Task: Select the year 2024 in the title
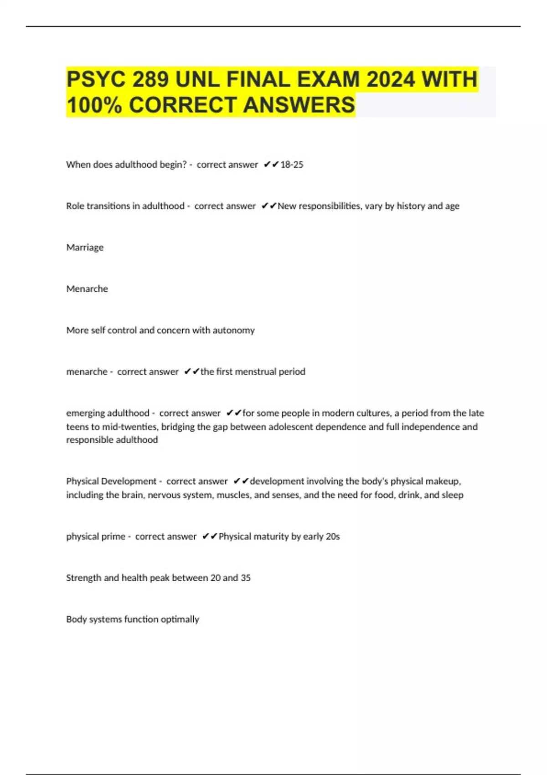point(391,79)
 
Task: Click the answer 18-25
point(292,165)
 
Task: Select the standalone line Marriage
point(85,248)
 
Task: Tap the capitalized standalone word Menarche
point(87,289)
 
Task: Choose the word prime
point(114,537)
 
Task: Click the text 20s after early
point(333,537)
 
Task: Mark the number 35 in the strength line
point(246,578)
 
